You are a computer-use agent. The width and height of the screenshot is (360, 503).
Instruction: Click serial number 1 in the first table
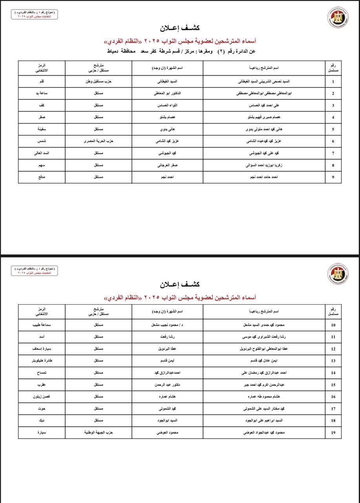point(333,82)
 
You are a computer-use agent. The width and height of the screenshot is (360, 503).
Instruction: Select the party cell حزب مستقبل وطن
point(99,82)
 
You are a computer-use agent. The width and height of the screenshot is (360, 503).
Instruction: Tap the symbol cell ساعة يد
point(42,94)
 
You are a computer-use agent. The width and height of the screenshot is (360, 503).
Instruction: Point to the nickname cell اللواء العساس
point(167,106)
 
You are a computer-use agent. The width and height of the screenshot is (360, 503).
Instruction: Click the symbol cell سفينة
point(42,129)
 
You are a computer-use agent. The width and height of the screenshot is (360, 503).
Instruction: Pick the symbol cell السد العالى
point(42,153)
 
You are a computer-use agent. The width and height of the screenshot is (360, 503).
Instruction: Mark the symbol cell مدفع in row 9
point(42,177)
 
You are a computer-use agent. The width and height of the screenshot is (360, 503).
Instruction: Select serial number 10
point(333,325)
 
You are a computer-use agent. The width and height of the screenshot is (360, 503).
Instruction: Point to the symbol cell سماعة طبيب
point(42,325)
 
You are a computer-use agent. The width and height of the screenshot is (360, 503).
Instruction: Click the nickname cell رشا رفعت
point(167,337)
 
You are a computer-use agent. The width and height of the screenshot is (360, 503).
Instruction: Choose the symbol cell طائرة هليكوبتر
point(42,361)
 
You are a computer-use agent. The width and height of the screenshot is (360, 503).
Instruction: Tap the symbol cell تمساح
point(42,373)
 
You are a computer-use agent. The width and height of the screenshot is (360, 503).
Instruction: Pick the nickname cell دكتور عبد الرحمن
point(167,385)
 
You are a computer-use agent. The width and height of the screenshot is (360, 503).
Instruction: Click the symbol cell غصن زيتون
point(42,397)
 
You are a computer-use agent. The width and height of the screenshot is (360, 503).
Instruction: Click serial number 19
point(333,433)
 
